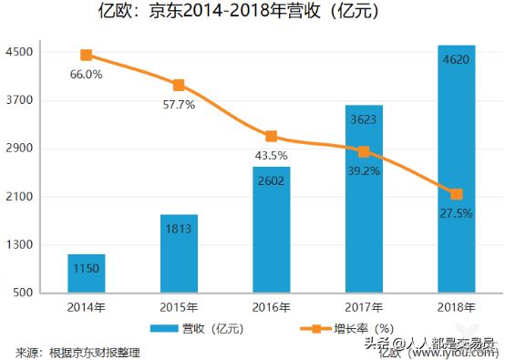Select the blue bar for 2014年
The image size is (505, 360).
point(87,273)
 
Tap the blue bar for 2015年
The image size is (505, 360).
point(179,253)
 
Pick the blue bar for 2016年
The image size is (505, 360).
point(271,230)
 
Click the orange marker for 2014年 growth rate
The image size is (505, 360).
point(87,56)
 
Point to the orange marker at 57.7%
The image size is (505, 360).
point(179,85)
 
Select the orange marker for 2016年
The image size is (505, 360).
point(271,136)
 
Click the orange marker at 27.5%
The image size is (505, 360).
point(456,193)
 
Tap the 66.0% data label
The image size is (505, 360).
point(87,74)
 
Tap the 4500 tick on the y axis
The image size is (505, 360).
point(21,52)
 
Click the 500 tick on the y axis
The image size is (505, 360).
point(25,293)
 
